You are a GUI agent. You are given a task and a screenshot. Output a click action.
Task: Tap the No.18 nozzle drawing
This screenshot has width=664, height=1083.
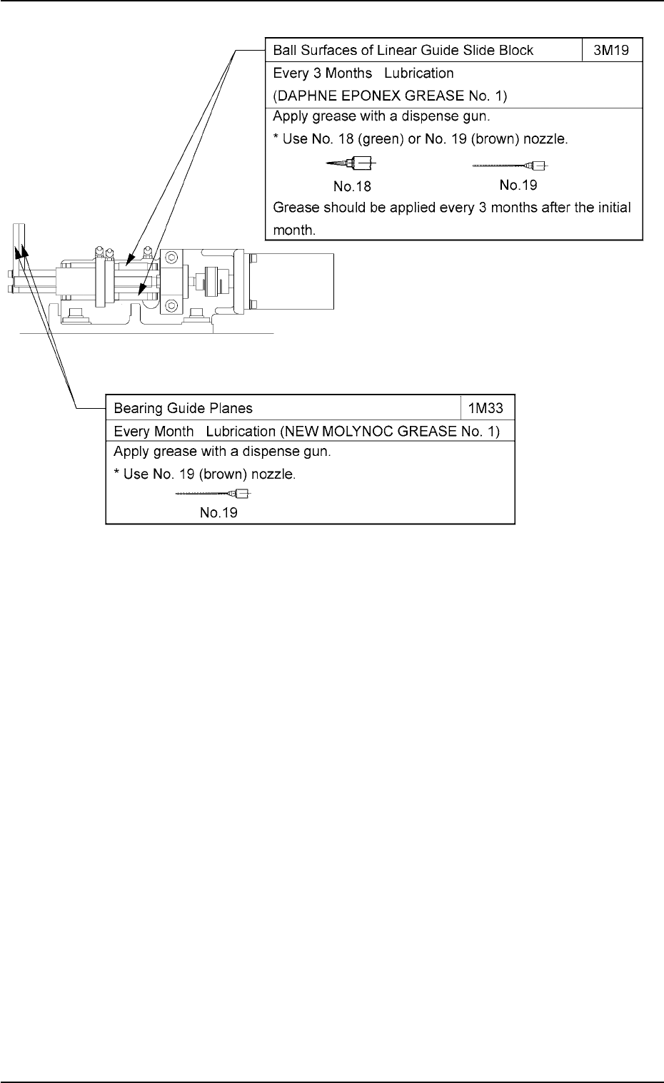coord(352,164)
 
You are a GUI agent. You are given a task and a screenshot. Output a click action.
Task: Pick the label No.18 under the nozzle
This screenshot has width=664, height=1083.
coord(352,186)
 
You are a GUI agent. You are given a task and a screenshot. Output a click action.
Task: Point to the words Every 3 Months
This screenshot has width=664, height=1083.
coord(323,73)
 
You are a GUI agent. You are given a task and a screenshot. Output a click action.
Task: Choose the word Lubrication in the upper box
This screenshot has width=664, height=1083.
coord(419,73)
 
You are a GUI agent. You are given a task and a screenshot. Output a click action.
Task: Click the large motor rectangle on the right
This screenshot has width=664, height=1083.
coord(293,281)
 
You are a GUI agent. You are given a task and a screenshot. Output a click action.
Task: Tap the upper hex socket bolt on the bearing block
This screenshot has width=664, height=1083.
coord(171,256)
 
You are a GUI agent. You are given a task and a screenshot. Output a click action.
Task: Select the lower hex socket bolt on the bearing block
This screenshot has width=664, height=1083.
coord(171,306)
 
